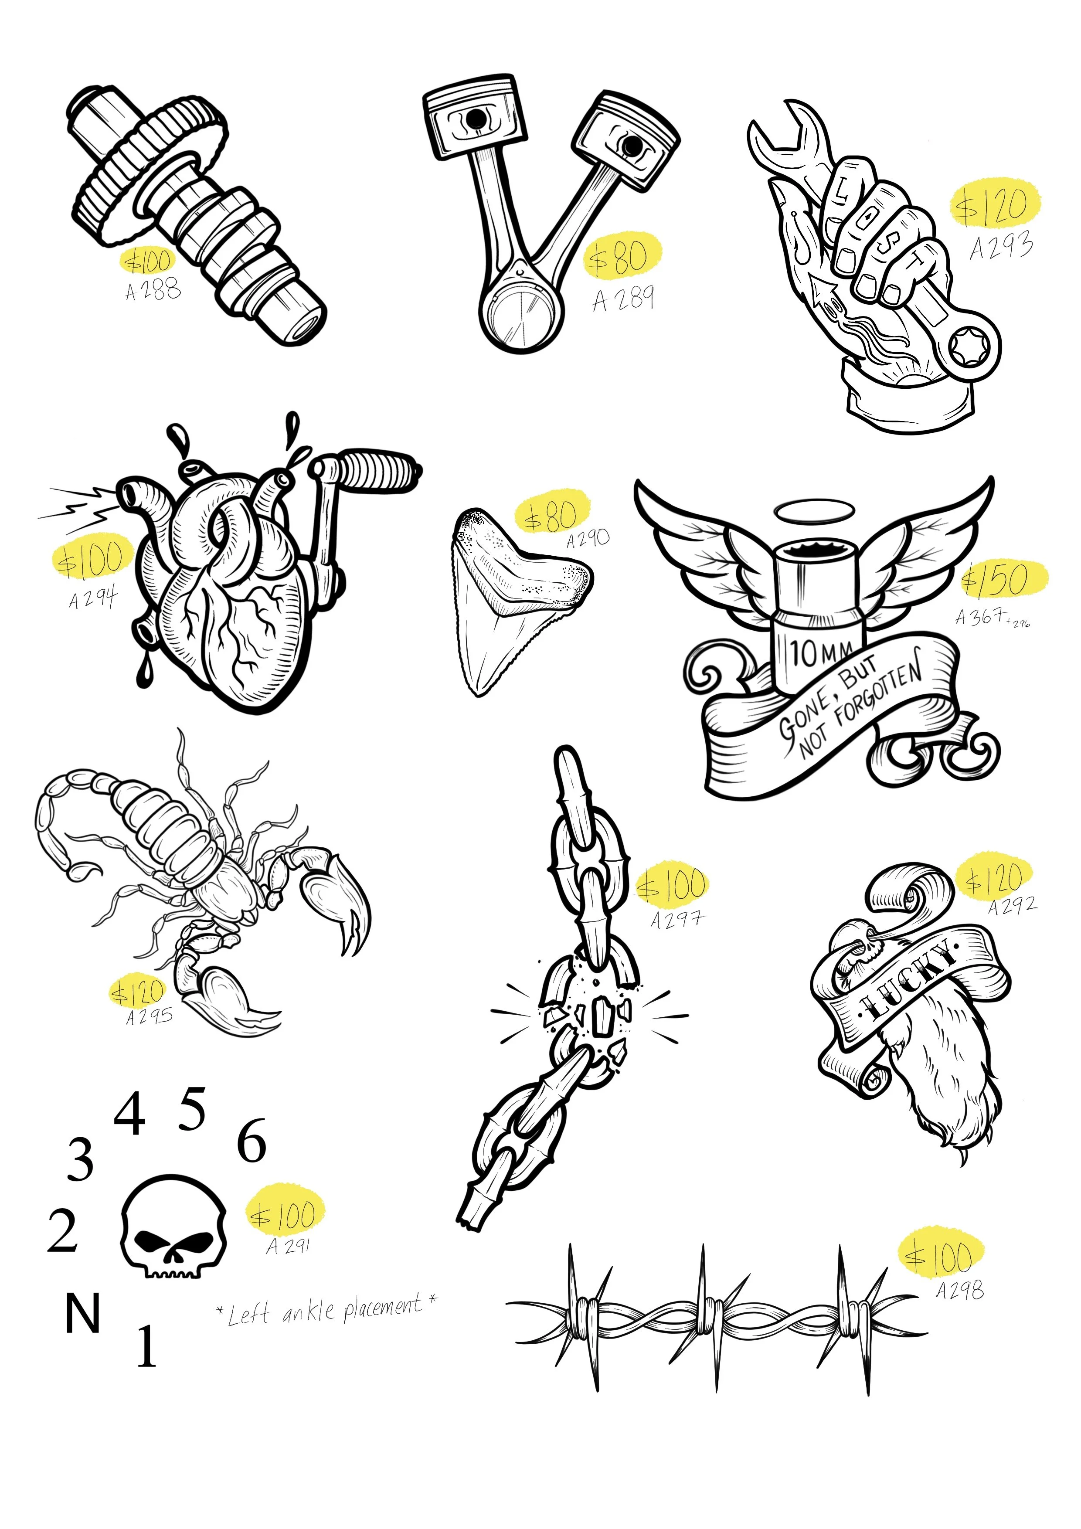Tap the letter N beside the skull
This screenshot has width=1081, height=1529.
click(x=82, y=1312)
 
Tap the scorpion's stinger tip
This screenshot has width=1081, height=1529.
click(x=87, y=869)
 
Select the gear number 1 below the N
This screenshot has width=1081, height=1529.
click(x=146, y=1346)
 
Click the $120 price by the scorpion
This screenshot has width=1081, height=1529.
click(x=138, y=993)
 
